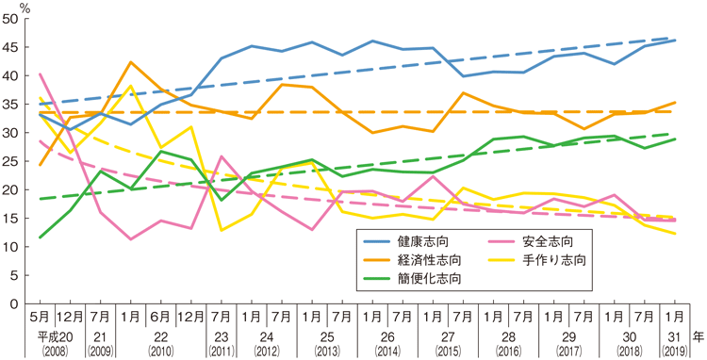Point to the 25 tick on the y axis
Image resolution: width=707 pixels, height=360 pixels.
point(18,161)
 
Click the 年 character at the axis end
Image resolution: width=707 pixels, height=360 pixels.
point(697,335)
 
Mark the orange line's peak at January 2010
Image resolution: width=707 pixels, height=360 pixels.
point(131,62)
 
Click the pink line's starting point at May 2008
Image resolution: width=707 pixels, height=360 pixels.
point(40,74)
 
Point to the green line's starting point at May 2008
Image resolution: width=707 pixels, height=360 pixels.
point(40,237)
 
